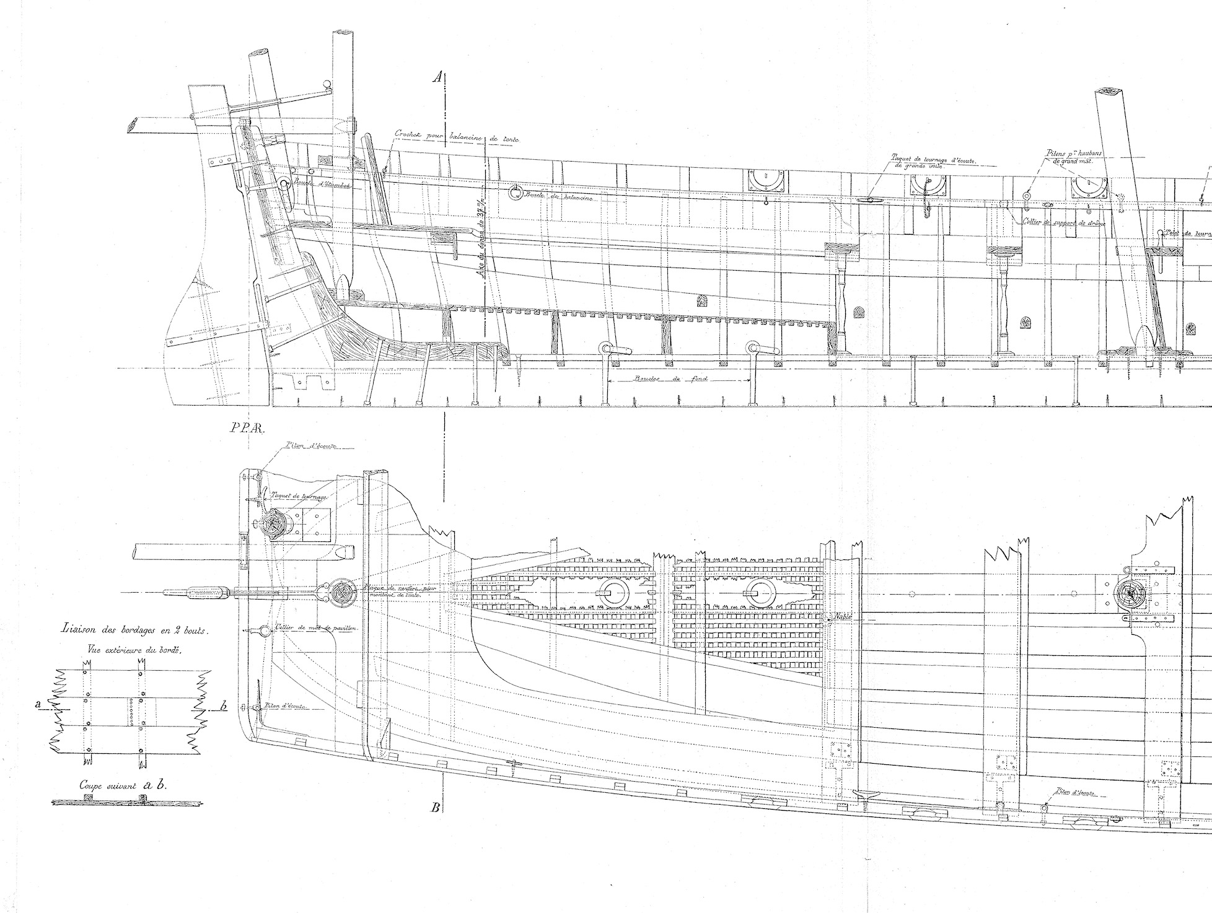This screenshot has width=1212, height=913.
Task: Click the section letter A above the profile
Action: (x=437, y=77)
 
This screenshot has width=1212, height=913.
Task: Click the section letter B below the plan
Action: (x=436, y=807)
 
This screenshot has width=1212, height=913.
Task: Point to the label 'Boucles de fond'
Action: (x=678, y=379)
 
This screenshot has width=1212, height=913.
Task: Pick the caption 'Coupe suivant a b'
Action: (x=124, y=785)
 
